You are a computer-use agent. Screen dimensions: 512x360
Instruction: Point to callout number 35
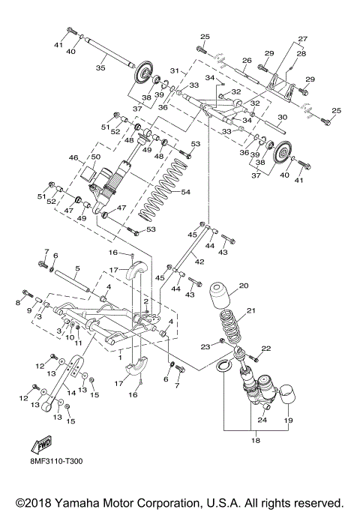[101, 66]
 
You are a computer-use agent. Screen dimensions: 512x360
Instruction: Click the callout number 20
[243, 286]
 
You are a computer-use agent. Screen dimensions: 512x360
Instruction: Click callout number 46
[73, 158]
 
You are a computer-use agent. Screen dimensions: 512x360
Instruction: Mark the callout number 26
[245, 60]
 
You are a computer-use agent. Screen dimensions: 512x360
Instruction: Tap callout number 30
[282, 117]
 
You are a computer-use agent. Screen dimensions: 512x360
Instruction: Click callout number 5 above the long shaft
[76, 268]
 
